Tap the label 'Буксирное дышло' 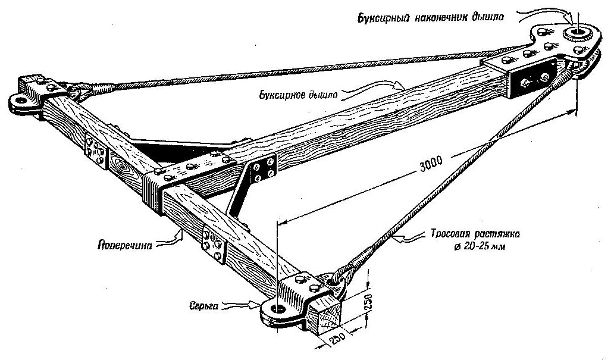click(x=293, y=93)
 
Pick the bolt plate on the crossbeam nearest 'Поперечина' click(x=213, y=244)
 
